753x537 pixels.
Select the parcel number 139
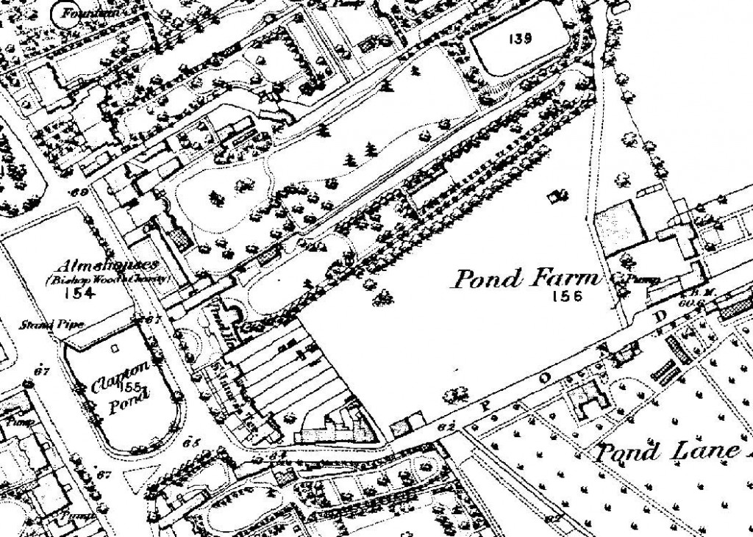pyautogui.click(x=519, y=39)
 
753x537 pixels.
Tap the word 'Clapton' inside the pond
pyautogui.click(x=122, y=373)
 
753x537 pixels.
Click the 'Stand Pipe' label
pyautogui.click(x=43, y=323)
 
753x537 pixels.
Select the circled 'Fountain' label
pyautogui.click(x=80, y=11)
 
